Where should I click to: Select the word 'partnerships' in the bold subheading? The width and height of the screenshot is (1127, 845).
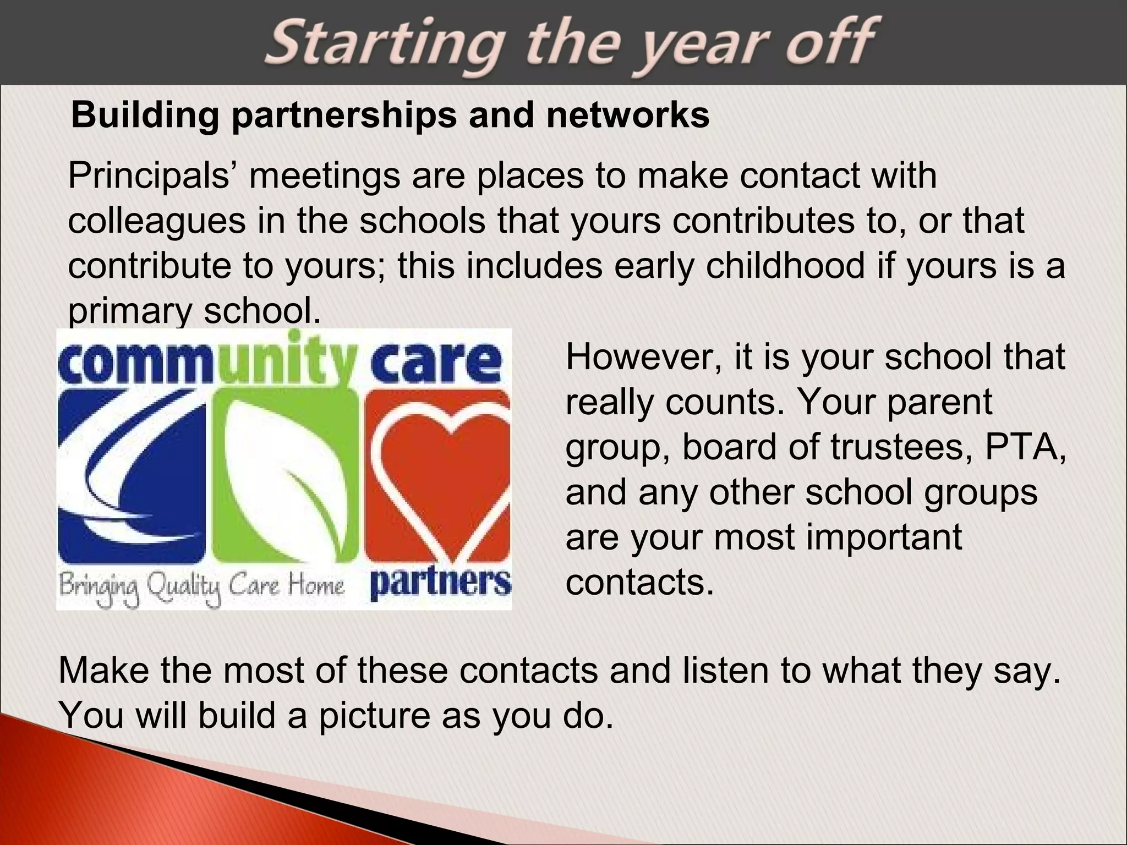point(344,116)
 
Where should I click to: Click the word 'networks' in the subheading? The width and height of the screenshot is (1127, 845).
point(627,116)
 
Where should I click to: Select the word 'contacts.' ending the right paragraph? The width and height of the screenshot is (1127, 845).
point(639,582)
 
